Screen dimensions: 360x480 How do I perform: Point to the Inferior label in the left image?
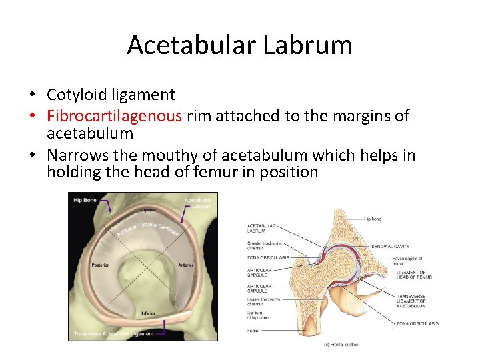click(148, 313)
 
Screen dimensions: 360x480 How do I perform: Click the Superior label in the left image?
click(147, 210)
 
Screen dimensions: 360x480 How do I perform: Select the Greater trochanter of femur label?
click(263, 246)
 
